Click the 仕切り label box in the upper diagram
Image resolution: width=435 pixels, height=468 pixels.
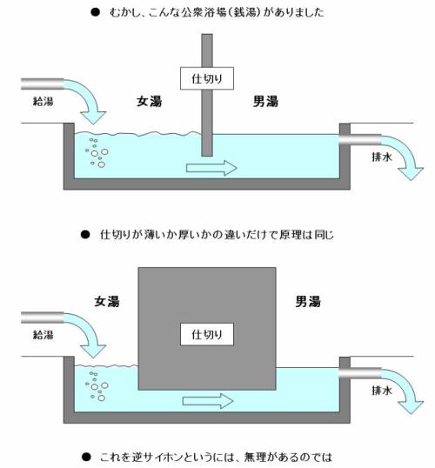click(x=207, y=78)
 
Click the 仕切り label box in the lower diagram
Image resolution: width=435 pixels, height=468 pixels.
click(x=207, y=334)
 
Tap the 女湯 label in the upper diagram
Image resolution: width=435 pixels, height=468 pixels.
click(x=150, y=102)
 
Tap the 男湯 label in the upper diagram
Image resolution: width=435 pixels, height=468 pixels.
click(x=265, y=102)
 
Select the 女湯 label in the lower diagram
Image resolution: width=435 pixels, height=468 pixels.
click(x=107, y=302)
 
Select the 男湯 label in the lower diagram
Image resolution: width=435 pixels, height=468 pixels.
click(x=308, y=302)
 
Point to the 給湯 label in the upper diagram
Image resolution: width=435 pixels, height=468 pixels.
click(x=43, y=102)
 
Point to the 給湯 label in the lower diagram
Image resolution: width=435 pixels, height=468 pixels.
click(x=43, y=335)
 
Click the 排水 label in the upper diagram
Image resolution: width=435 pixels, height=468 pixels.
click(x=382, y=157)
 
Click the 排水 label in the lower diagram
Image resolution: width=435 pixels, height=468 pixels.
click(x=382, y=391)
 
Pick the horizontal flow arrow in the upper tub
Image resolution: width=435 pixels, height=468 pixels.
click(x=211, y=168)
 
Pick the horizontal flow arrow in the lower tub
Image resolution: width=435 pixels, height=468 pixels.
click(x=208, y=401)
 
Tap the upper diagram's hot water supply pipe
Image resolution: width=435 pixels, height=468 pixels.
click(x=43, y=84)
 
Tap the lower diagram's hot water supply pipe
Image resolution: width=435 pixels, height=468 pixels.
click(x=43, y=318)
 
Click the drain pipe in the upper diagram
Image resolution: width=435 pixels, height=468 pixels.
click(x=360, y=140)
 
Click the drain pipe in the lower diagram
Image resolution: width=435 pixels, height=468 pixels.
click(x=360, y=373)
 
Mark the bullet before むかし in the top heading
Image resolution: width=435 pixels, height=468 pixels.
click(x=95, y=12)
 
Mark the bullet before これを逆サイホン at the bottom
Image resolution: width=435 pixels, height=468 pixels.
click(x=86, y=457)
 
